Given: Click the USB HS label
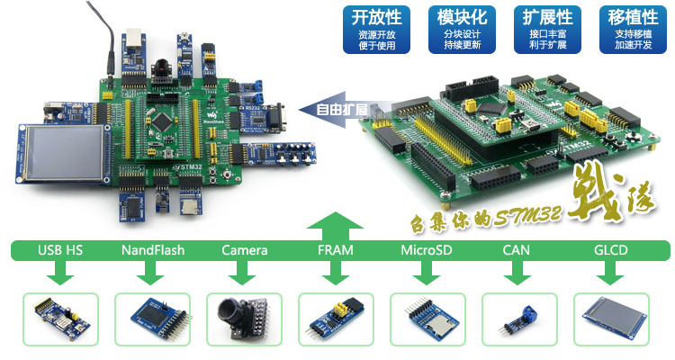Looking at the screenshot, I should point(59,250).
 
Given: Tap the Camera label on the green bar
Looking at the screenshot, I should point(244,250).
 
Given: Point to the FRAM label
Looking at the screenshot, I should point(336,250).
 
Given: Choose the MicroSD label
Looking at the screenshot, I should point(427,250).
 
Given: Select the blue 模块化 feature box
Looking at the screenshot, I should point(462,29).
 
